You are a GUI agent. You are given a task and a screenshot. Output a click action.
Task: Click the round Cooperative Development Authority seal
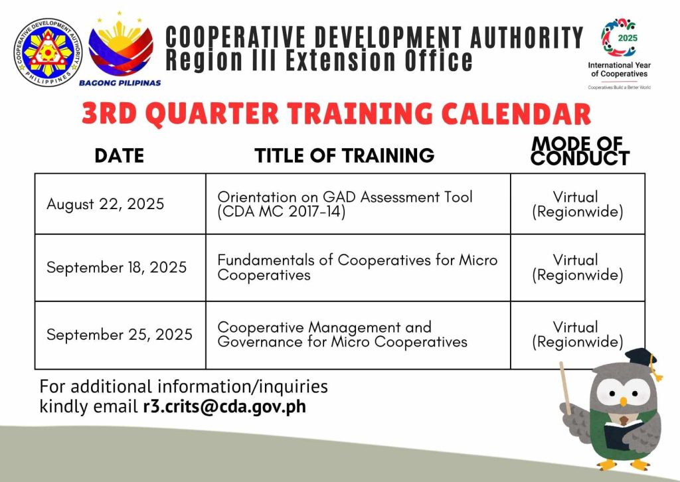48,52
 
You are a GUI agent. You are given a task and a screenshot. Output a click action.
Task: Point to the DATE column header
120,155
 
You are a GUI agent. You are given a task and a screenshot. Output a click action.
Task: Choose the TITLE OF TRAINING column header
345,155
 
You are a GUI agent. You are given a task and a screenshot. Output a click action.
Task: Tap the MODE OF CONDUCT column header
580,151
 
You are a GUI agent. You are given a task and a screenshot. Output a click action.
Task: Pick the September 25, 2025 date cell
120,334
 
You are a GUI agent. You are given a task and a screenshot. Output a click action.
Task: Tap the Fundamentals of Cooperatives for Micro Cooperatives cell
357,267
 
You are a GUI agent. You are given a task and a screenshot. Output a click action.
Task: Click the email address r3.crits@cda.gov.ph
224,406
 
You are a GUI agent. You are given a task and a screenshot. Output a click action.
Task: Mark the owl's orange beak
623,402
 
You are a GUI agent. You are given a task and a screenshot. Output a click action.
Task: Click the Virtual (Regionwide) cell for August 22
577,204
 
